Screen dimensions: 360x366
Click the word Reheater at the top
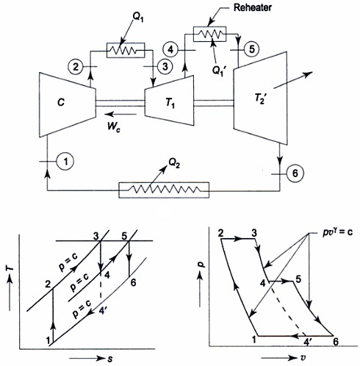(x=253, y=7)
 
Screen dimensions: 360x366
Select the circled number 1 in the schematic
(x=65, y=162)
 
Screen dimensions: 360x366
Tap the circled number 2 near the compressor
(x=76, y=66)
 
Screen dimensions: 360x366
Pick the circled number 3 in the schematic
(x=165, y=66)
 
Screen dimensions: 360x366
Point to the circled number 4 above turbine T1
(x=170, y=50)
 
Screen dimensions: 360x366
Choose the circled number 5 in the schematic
(x=252, y=49)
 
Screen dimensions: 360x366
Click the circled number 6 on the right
(x=295, y=173)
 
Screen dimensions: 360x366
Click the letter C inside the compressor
(x=61, y=102)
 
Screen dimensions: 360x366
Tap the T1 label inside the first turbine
(x=170, y=104)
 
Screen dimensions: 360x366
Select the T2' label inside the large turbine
(x=260, y=99)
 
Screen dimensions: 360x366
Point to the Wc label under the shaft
(x=114, y=126)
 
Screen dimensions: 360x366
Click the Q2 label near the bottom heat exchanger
(x=174, y=163)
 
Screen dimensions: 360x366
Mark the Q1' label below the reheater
(x=219, y=71)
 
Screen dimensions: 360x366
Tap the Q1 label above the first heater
(x=138, y=17)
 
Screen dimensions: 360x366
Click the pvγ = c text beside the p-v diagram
(x=338, y=232)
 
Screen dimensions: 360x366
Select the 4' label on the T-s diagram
(x=103, y=310)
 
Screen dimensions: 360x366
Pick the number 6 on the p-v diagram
(x=336, y=342)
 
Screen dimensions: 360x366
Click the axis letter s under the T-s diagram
(x=110, y=359)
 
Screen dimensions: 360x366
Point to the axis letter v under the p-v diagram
(x=303, y=358)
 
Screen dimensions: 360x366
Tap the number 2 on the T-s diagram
(x=48, y=284)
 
